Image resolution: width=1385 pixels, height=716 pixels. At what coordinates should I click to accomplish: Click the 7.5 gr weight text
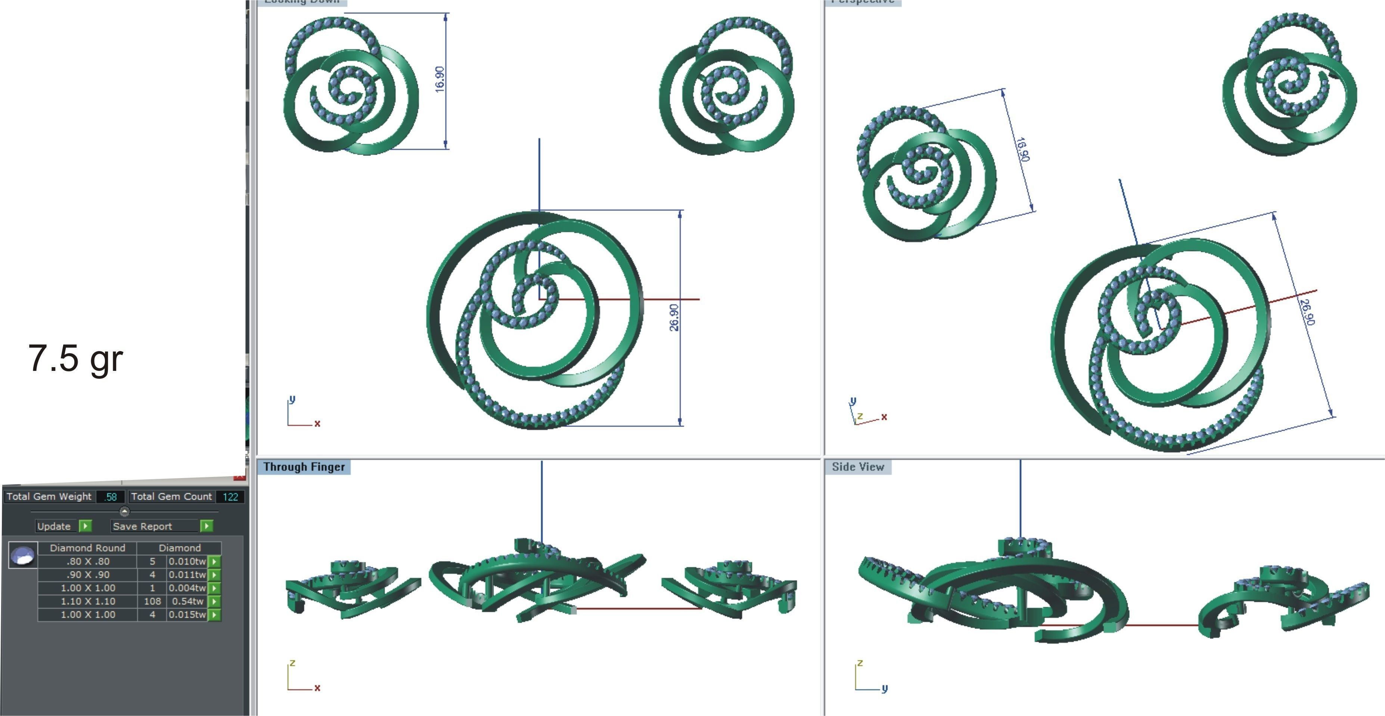[x=75, y=359]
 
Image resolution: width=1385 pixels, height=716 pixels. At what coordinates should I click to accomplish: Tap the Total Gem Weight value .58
[x=111, y=496]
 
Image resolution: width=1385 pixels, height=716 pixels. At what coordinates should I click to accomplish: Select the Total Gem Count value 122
[x=230, y=496]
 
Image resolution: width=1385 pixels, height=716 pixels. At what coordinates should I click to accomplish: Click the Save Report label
[x=143, y=526]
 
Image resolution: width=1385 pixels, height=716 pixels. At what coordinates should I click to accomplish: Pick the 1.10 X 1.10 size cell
[x=88, y=601]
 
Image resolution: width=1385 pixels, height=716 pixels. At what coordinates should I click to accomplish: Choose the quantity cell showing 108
[x=152, y=601]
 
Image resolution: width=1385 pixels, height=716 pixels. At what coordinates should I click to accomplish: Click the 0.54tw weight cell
[x=187, y=601]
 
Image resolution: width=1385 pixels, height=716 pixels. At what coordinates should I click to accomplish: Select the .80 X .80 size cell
[x=88, y=561]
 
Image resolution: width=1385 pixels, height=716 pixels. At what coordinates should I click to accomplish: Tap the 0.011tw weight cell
[x=187, y=574]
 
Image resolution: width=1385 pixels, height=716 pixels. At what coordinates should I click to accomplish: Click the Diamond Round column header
[x=88, y=548]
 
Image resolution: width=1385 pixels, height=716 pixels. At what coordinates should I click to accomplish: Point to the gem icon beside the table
[x=23, y=555]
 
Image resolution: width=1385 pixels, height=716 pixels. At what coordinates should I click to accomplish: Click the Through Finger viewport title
[x=304, y=467]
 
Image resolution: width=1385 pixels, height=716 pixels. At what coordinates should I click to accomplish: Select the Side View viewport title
[x=858, y=467]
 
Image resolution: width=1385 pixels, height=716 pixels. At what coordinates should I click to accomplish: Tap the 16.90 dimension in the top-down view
[x=440, y=79]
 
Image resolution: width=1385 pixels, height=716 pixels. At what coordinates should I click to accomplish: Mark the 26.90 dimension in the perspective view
[x=1308, y=312]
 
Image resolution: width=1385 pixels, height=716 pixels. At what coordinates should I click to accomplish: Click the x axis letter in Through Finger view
[x=317, y=688]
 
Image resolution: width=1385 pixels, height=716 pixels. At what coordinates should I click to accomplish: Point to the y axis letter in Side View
[x=885, y=688]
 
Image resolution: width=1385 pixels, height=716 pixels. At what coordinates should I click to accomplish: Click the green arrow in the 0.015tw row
[x=214, y=615]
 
